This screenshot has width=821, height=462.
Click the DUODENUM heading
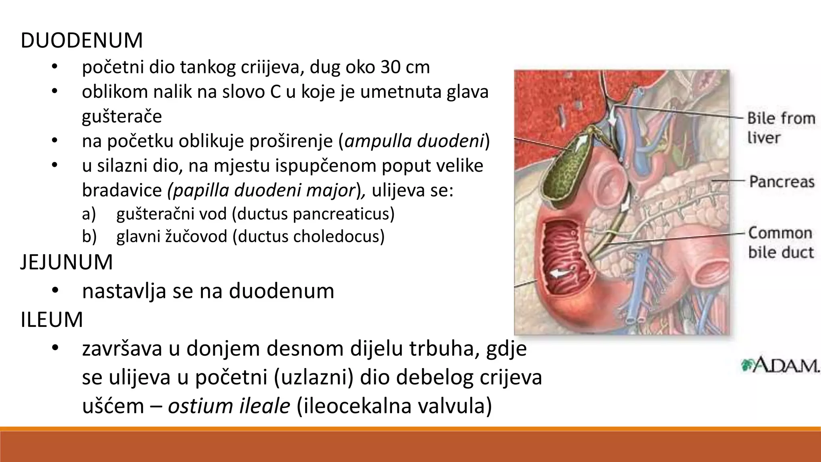point(81,41)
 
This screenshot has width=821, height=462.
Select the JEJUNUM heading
point(67,263)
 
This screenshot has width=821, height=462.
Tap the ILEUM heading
point(52,320)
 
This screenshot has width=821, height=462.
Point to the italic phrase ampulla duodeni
point(414,141)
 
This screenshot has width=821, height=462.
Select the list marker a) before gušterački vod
point(89,214)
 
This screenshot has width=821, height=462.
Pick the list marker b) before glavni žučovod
point(89,237)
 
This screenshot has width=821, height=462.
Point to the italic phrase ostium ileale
point(229,406)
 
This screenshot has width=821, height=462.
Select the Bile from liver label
point(781,128)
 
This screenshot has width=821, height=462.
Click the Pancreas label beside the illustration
point(782,182)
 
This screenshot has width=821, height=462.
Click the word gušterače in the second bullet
point(122,117)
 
